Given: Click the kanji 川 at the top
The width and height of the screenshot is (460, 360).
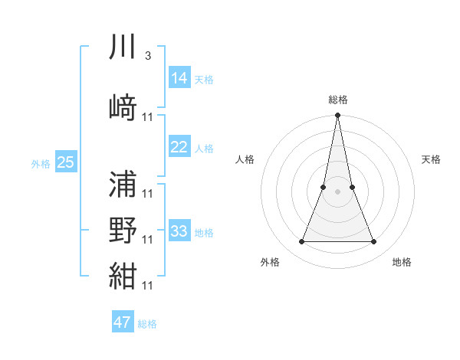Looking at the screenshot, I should click(123, 47).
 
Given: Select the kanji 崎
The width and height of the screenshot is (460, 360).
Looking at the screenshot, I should click(123, 107).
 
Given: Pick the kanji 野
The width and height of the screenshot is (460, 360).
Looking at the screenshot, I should click(123, 230).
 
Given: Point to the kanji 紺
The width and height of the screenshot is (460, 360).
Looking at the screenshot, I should click(123, 276).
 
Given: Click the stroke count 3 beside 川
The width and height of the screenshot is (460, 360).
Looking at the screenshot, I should click(147, 56).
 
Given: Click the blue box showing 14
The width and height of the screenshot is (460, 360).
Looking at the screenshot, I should click(179, 78).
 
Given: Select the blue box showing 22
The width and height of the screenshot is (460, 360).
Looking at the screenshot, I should click(179, 147).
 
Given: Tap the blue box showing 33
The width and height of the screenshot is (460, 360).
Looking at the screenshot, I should click(179, 231).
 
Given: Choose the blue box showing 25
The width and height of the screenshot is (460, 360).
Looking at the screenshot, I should click(65, 162).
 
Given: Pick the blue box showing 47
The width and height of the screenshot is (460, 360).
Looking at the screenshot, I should click(122, 322).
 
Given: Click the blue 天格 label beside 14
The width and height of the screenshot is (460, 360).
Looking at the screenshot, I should click(204, 80).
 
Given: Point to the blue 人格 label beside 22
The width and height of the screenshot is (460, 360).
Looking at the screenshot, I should click(204, 149).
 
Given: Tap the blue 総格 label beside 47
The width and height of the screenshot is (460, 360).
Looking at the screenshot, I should click(147, 324).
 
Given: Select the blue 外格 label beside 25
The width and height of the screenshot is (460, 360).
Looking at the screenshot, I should click(41, 164).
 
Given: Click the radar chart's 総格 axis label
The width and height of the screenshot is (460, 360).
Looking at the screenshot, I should click(338, 100).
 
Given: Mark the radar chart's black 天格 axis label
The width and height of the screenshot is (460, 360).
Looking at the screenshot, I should click(432, 159).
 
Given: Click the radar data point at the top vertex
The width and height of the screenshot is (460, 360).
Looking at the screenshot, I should click(338, 116).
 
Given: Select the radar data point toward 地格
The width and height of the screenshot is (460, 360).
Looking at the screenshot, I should click(374, 242).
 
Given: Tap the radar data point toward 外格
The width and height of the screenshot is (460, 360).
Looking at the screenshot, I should click(301, 242).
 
